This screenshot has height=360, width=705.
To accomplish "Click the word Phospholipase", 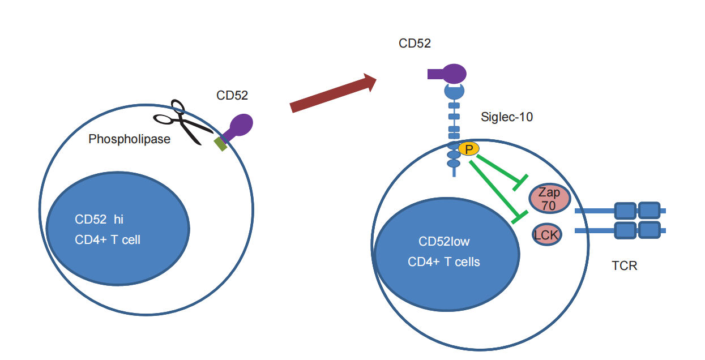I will click(x=129, y=139).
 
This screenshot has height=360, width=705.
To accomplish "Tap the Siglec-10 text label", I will click(x=506, y=118).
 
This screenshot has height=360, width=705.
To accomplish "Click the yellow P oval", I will click(x=468, y=149).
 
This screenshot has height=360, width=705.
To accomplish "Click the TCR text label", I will click(x=624, y=265).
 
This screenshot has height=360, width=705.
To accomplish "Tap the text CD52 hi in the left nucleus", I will click(x=99, y=219).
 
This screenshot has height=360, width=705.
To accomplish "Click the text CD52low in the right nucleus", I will click(x=444, y=242).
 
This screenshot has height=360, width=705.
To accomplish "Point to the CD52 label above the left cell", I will click(x=232, y=95).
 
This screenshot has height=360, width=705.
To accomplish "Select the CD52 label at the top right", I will click(x=415, y=44).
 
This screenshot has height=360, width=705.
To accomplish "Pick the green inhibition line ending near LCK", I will click(x=493, y=190).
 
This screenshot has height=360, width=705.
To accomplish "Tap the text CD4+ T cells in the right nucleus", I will click(x=444, y=262).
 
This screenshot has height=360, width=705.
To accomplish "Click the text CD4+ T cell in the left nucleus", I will click(x=108, y=240).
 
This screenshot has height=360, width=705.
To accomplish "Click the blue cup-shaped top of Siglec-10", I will click(x=454, y=91).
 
